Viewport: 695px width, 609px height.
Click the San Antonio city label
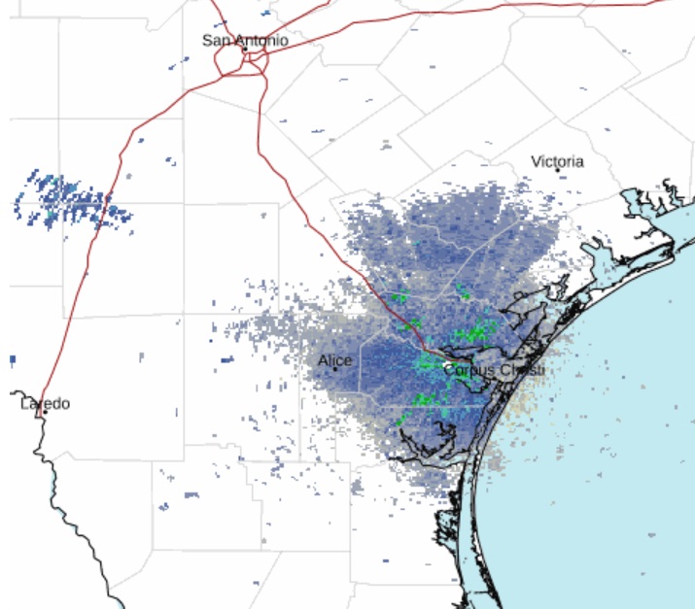[x=245, y=41]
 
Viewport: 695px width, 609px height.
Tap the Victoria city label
[x=557, y=161]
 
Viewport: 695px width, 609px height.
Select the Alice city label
[x=334, y=361]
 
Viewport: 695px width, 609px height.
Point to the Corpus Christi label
[x=494, y=371]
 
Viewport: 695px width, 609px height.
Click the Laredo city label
[x=45, y=403]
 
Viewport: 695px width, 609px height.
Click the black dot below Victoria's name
[x=558, y=171]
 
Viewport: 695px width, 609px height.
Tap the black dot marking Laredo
[x=45, y=413]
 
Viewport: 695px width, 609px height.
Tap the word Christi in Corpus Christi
[x=523, y=371]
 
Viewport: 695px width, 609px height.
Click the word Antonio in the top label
[x=261, y=41]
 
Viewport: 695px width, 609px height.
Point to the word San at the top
[x=216, y=41]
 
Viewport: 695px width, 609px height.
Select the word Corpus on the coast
[x=469, y=371]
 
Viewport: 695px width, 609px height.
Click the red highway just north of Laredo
[x=58, y=359]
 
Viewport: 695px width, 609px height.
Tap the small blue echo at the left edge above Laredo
[x=13, y=359]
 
